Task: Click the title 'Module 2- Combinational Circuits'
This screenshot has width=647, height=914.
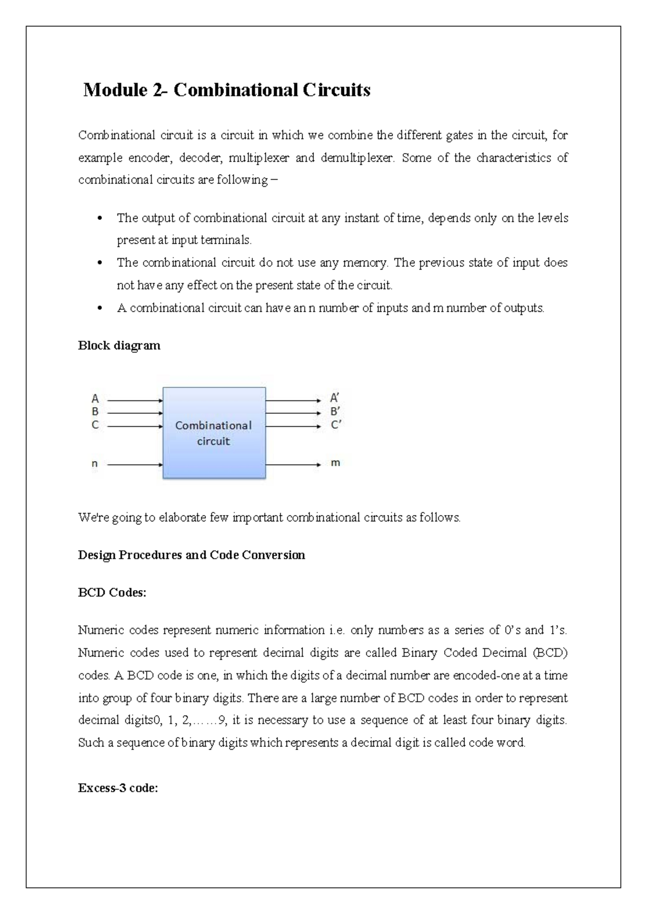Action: click(x=227, y=90)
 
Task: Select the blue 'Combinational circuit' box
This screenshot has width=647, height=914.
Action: click(x=214, y=433)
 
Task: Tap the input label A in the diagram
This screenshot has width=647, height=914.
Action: click(x=95, y=399)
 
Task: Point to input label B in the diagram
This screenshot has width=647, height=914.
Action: click(x=95, y=412)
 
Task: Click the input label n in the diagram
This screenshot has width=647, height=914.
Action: click(x=95, y=463)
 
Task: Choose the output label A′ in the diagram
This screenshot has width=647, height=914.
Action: click(x=335, y=399)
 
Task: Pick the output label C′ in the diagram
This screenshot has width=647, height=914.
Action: click(x=335, y=425)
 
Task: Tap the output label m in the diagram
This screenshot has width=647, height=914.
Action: click(x=335, y=463)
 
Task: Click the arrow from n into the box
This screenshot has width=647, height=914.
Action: click(x=135, y=464)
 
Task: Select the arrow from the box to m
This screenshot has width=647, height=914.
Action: click(x=293, y=464)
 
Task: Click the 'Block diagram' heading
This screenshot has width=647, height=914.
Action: click(x=119, y=345)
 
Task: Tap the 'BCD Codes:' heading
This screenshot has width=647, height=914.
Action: click(x=112, y=593)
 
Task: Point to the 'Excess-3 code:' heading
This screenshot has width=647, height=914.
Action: click(x=118, y=788)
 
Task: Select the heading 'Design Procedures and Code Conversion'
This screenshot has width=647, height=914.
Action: click(x=191, y=555)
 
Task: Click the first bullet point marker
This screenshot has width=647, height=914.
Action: click(x=99, y=219)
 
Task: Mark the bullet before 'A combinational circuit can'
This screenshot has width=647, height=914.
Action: click(x=99, y=309)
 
